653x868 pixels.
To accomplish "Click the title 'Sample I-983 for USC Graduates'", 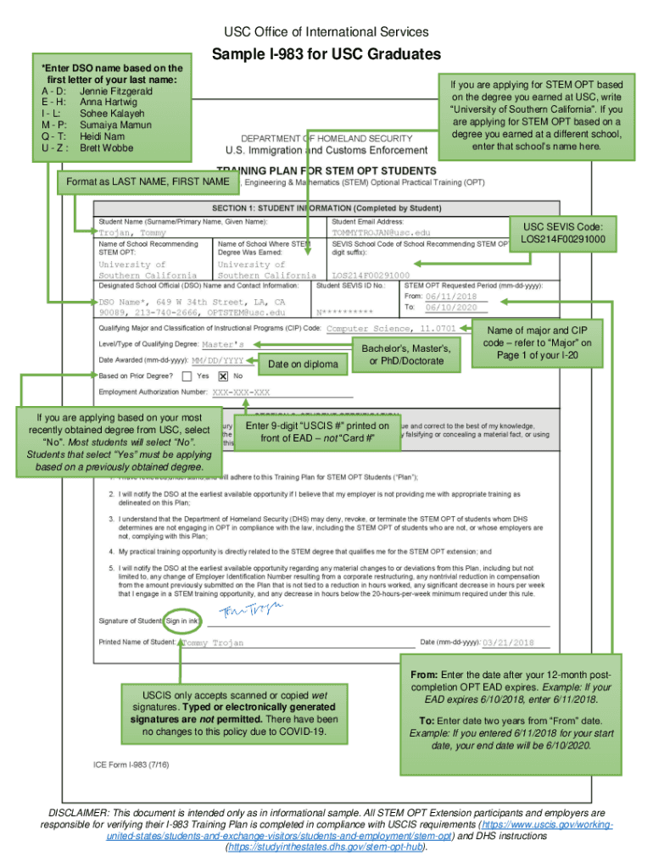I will click(x=326, y=55).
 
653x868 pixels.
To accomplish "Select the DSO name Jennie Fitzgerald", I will click(x=115, y=91).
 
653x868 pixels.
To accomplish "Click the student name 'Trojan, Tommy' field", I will click(x=132, y=232).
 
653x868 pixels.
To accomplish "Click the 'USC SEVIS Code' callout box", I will click(x=562, y=232).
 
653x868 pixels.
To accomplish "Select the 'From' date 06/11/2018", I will click(x=450, y=297).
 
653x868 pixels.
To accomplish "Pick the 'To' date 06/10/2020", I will click(x=450, y=308).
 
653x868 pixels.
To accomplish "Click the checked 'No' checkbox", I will click(x=223, y=376).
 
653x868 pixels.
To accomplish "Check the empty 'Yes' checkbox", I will click(x=188, y=376).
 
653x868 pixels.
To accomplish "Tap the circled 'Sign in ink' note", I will click(x=182, y=621).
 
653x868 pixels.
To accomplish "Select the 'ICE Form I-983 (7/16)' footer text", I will click(x=131, y=765).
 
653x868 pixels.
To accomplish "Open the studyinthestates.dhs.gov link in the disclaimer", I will click(x=326, y=847).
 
